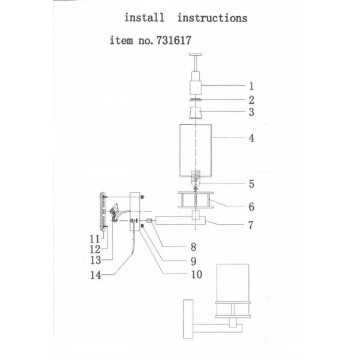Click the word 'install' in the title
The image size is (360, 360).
[144, 17]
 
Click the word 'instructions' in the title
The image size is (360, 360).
[212, 18]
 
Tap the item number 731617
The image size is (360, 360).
[174, 40]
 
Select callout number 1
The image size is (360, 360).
[251, 86]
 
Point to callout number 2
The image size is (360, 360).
[251, 100]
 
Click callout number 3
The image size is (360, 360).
[251, 112]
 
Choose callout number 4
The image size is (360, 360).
[251, 138]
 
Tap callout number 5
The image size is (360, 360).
[251, 184]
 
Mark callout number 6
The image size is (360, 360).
[251, 207]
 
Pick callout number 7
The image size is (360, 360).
[251, 225]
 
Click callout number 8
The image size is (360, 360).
[194, 247]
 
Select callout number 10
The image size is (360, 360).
[197, 274]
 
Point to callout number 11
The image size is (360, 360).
[95, 239]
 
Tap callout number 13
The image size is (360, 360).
[95, 260]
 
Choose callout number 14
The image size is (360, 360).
[95, 275]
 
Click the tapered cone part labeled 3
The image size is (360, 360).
[195, 113]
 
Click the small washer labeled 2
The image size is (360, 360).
[195, 100]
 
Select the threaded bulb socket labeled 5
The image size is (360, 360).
[195, 178]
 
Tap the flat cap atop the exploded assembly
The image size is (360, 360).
[196, 55]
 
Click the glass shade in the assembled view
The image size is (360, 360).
[233, 283]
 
